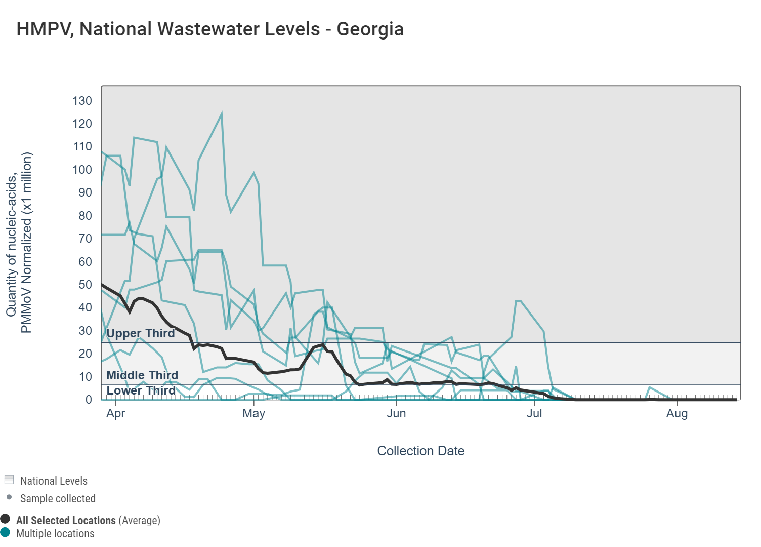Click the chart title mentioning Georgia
[210, 29]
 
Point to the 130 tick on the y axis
[82, 101]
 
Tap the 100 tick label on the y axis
[82, 170]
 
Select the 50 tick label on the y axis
[86, 285]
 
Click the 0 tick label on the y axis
[89, 400]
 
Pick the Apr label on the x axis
[116, 413]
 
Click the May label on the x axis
[254, 413]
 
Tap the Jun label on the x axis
[396, 413]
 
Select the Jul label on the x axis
[534, 413]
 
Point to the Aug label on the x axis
[677, 413]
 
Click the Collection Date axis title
[421, 451]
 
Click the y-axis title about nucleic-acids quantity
[19, 242]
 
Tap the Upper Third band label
[141, 333]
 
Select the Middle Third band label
[142, 375]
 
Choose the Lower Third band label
[141, 390]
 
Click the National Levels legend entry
[54, 481]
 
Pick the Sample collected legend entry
[58, 498]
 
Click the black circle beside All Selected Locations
[6, 519]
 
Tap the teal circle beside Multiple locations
[6, 532]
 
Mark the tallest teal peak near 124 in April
[222, 114]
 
